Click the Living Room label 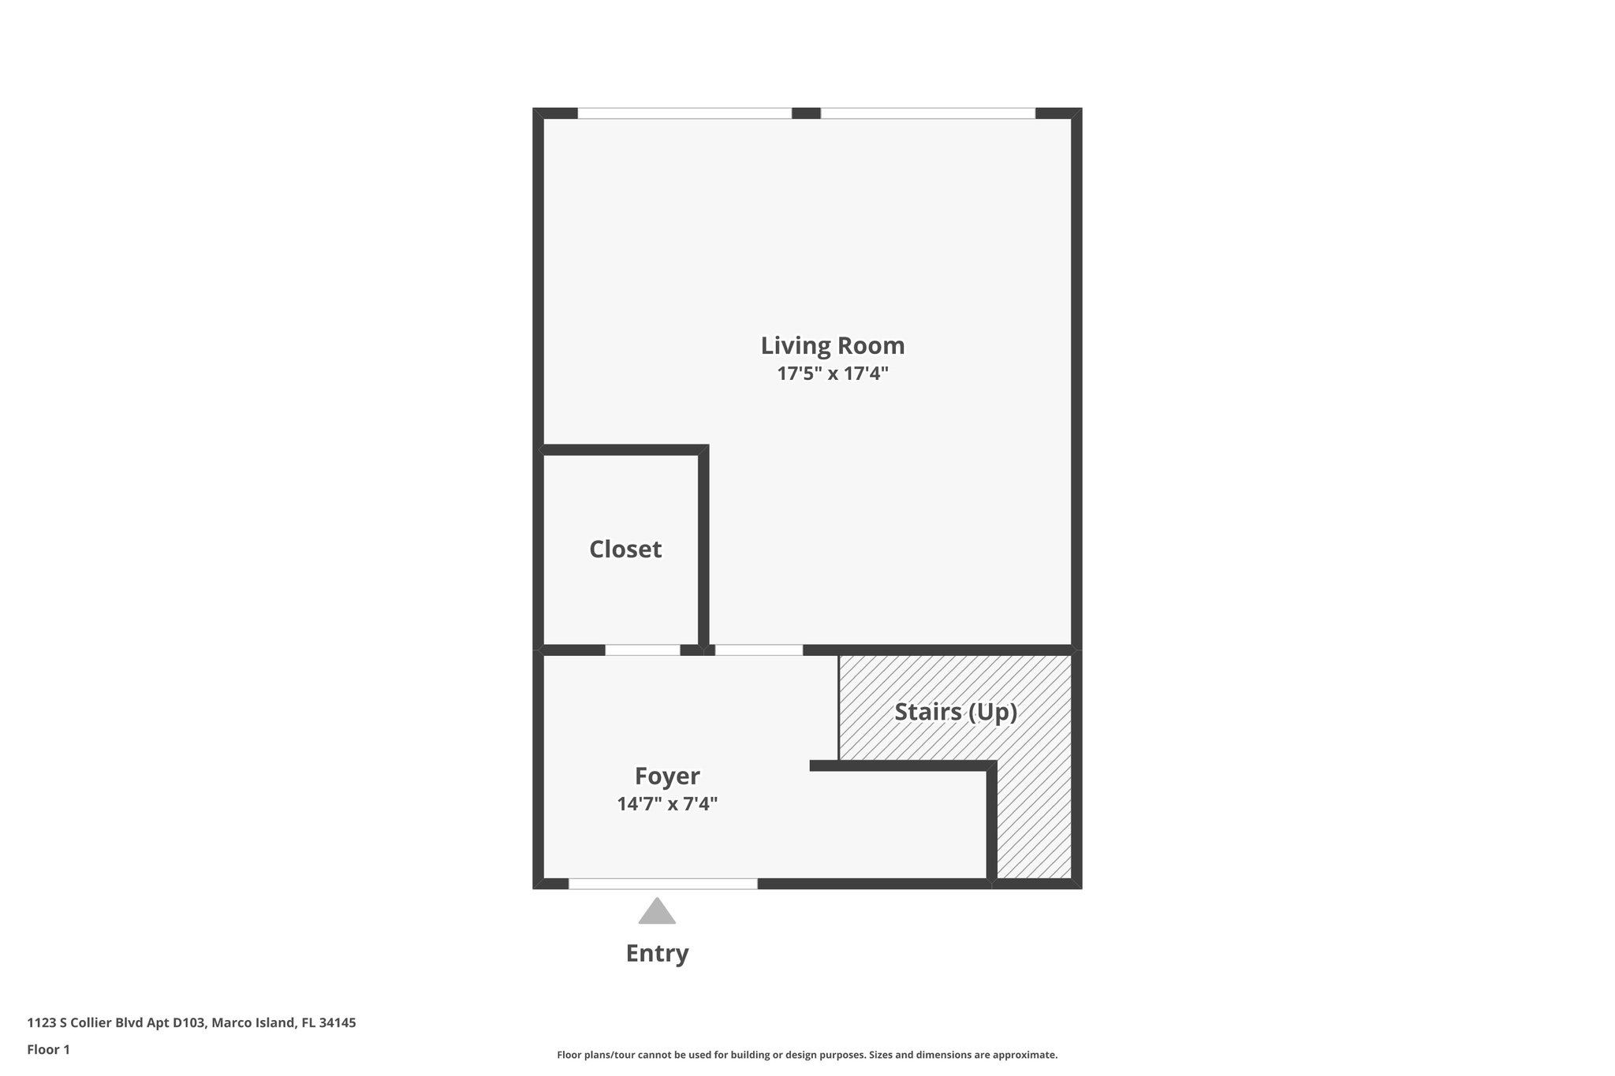pyautogui.click(x=832, y=345)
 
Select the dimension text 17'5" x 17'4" pyautogui.click(x=833, y=374)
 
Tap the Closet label pyautogui.click(x=625, y=549)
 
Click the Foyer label pyautogui.click(x=667, y=776)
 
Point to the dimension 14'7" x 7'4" pyautogui.click(x=667, y=804)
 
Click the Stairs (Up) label pyautogui.click(x=955, y=712)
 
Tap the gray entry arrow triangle pyautogui.click(x=657, y=912)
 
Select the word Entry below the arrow pyautogui.click(x=657, y=953)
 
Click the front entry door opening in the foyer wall pyautogui.click(x=662, y=884)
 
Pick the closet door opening pyautogui.click(x=642, y=650)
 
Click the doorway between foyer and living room pyautogui.click(x=759, y=650)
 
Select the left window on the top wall pyautogui.click(x=684, y=114)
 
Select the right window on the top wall pyautogui.click(x=927, y=114)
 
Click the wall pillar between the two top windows pyautogui.click(x=806, y=114)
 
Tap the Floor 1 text pyautogui.click(x=48, y=1049)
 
